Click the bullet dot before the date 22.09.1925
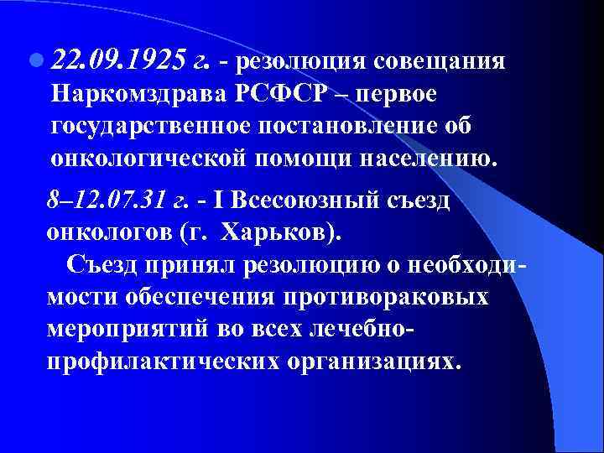point(36,62)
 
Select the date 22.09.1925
point(116,61)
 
